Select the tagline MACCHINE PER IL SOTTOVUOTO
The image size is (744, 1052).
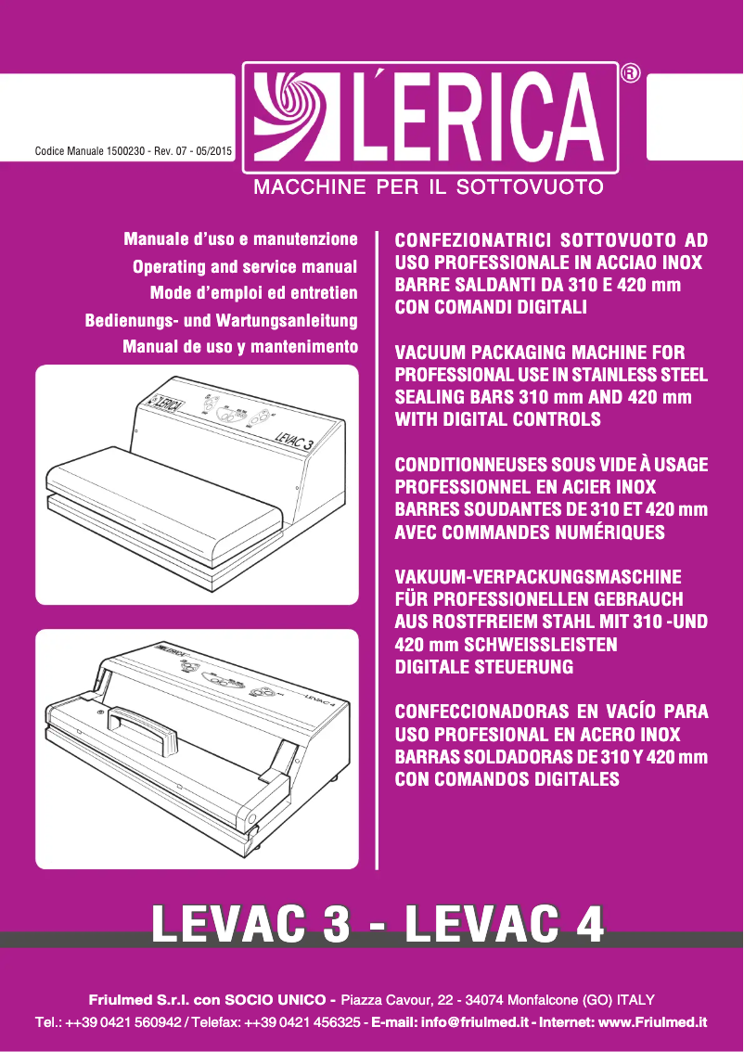(x=430, y=187)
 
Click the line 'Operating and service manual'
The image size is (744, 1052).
(x=245, y=267)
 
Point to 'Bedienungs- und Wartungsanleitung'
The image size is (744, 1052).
(x=222, y=321)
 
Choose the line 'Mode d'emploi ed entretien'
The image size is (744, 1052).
(x=254, y=294)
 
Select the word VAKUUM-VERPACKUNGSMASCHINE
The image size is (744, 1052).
(x=538, y=577)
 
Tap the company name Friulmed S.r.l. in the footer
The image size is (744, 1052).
(x=142, y=1000)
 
